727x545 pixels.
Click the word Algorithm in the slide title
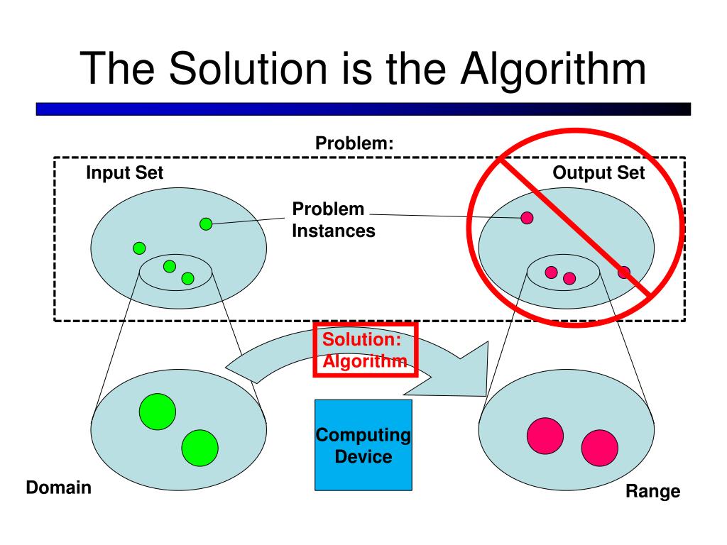tap(552, 69)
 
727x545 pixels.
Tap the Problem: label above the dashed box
tap(354, 143)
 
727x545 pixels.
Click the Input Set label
tap(124, 172)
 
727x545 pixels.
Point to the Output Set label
tap(598, 172)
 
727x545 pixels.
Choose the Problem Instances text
tap(334, 220)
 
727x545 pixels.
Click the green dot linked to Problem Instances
tap(206, 224)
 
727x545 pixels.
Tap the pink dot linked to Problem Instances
tap(527, 218)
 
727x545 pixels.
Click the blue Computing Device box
tap(363, 445)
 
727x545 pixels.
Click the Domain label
tap(59, 488)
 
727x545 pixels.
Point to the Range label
tap(652, 491)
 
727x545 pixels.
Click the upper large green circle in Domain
tap(158, 410)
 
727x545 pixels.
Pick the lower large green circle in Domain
tap(199, 448)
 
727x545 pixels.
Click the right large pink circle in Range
tap(599, 448)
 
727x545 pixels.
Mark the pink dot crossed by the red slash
tap(623, 272)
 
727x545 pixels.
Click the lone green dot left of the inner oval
tap(139, 248)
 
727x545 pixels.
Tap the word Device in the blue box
tap(363, 456)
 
